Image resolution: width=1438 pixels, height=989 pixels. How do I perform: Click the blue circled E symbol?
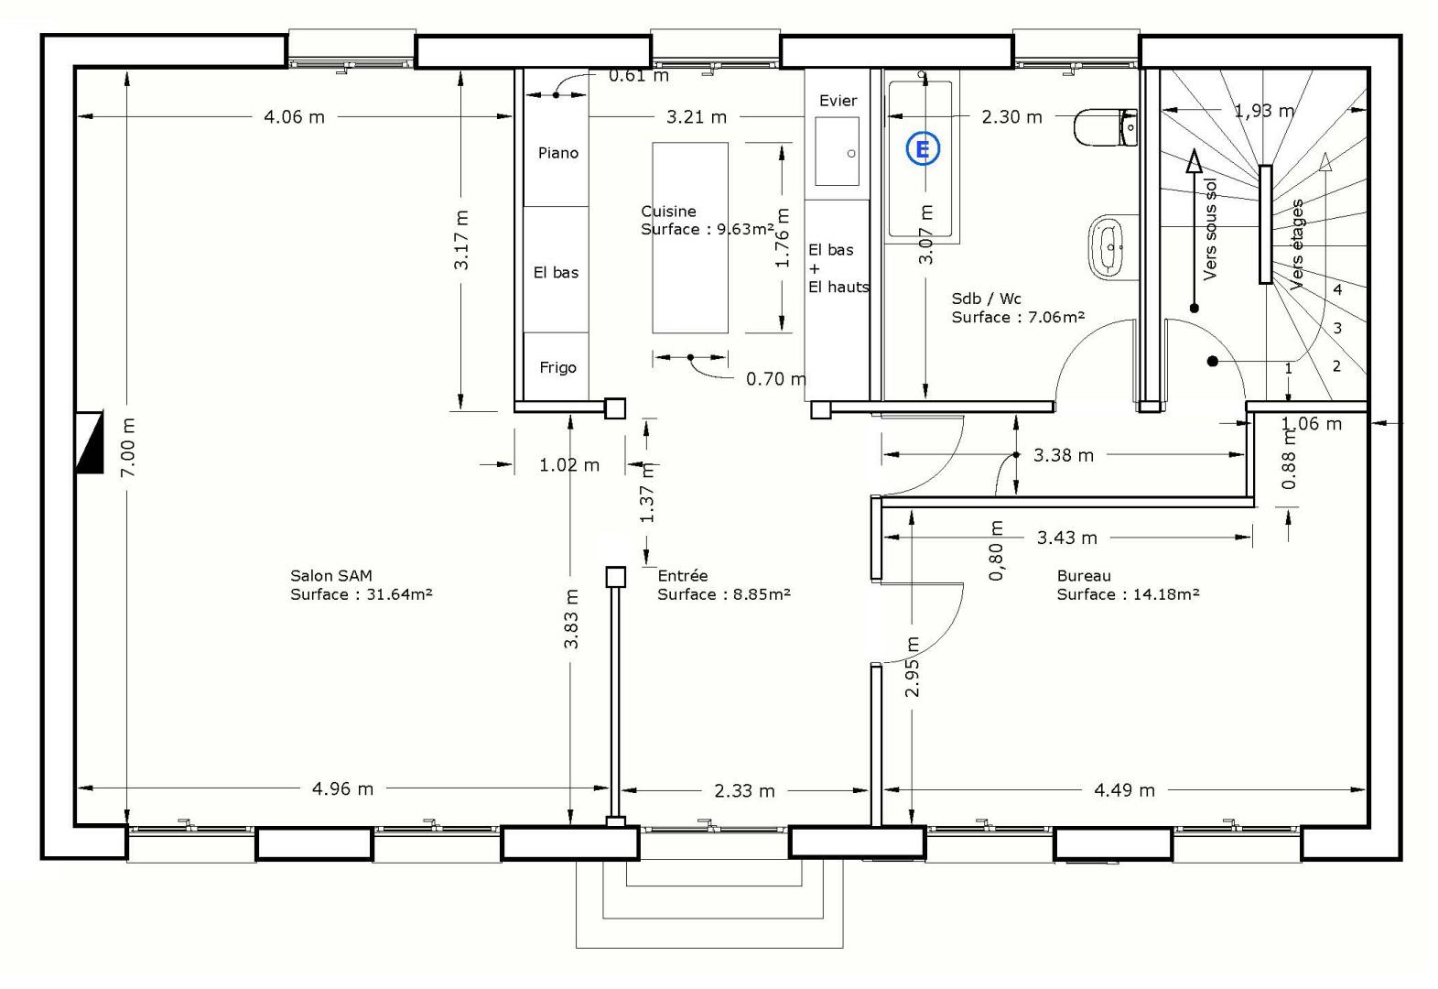tap(923, 149)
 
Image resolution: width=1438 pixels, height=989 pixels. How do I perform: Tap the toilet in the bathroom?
tap(1105, 127)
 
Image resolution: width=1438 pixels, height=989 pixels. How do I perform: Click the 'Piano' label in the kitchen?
tap(557, 153)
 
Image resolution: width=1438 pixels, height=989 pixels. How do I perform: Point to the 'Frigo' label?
tap(557, 367)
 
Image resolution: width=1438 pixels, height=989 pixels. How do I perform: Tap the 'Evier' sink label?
tap(838, 101)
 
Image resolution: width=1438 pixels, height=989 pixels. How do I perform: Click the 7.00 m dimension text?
tap(128, 447)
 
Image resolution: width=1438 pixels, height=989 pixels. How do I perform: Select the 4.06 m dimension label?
tap(295, 117)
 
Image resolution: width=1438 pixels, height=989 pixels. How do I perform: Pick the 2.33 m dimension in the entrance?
tap(745, 790)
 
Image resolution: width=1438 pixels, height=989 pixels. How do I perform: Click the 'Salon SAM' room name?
tap(331, 575)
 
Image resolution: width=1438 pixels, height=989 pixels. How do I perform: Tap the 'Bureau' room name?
tap(1084, 575)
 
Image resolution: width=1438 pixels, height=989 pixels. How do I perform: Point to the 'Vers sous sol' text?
tap(1210, 229)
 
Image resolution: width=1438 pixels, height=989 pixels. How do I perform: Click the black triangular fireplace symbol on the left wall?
tap(90, 442)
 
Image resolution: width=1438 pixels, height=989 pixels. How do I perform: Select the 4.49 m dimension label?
tap(1124, 790)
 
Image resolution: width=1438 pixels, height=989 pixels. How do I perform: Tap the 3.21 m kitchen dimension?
tap(697, 117)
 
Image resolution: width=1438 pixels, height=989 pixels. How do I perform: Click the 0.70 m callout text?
tap(776, 379)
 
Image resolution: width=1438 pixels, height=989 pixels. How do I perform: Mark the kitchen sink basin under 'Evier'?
tap(838, 152)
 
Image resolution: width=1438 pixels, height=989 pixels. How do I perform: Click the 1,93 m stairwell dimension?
tap(1264, 111)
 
